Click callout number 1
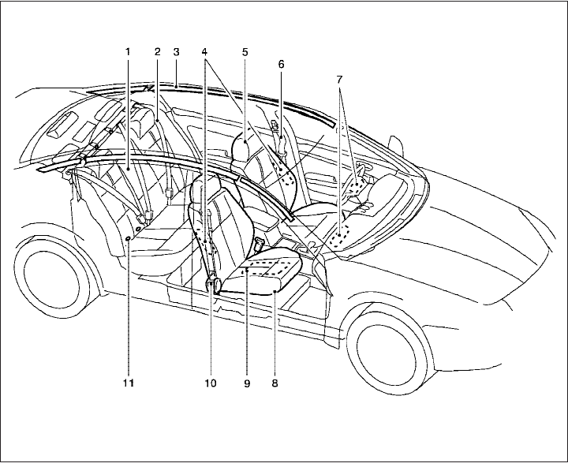point(127,52)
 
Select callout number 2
point(157,52)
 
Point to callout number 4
point(207,52)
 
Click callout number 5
point(245,52)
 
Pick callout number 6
point(281,63)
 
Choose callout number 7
point(339,81)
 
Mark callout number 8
point(274,383)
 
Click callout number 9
point(246,383)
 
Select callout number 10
point(210,383)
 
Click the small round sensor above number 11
point(128,236)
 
